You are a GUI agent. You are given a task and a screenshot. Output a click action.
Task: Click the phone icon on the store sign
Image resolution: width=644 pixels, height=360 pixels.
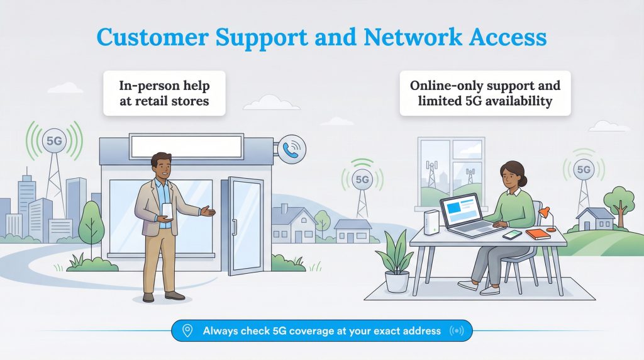[x=291, y=149]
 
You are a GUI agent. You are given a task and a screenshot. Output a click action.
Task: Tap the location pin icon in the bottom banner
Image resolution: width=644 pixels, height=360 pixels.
[x=187, y=330]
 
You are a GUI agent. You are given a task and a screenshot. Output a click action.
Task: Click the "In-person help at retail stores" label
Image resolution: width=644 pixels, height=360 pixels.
[x=164, y=93]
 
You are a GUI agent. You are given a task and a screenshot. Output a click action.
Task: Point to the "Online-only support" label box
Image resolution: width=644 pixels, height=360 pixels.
[x=485, y=93]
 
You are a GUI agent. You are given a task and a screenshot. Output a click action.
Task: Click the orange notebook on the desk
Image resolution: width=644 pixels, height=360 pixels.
[x=538, y=233]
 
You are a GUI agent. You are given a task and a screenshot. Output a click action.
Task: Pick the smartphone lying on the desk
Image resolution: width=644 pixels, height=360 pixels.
[x=513, y=234]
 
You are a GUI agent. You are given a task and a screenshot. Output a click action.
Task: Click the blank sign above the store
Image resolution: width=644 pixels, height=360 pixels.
[x=186, y=146]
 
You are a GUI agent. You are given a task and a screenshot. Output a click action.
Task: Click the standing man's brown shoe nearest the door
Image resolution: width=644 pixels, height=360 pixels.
[x=174, y=295]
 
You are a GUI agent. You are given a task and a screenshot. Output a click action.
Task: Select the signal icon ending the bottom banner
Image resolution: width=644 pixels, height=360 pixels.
[x=455, y=330]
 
